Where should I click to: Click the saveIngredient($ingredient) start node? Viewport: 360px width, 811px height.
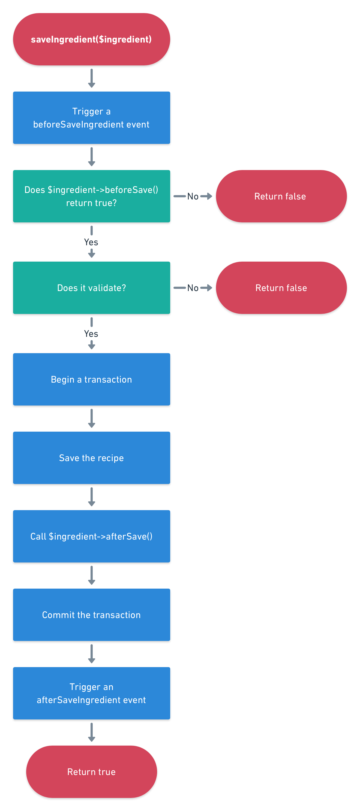[91, 39]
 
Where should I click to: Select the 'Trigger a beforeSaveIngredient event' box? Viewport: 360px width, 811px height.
[91, 117]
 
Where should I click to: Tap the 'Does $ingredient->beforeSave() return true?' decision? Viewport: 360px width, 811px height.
[91, 196]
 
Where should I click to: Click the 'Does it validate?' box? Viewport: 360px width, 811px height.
[91, 288]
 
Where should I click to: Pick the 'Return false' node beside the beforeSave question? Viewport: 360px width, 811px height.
[281, 196]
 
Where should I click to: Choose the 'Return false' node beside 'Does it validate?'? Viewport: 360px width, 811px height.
[281, 288]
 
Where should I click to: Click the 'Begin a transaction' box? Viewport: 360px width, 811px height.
[91, 379]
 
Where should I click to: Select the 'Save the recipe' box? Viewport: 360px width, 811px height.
[91, 458]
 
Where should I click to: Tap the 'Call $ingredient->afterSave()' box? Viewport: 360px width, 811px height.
[91, 536]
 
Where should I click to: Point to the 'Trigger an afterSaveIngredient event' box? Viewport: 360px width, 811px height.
[91, 693]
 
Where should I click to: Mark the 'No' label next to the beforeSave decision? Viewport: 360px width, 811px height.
[193, 196]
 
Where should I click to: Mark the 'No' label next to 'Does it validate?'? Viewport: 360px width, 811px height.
[193, 288]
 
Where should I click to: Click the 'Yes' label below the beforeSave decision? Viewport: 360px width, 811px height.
[91, 242]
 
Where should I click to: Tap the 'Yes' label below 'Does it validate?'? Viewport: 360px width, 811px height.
[91, 334]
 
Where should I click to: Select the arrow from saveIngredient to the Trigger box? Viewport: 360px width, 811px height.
[91, 78]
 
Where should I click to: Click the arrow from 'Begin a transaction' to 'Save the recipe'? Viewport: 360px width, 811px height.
[91, 418]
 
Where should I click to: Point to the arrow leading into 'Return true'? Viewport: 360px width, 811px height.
[91, 732]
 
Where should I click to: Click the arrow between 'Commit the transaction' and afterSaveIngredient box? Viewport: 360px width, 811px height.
[91, 653]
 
